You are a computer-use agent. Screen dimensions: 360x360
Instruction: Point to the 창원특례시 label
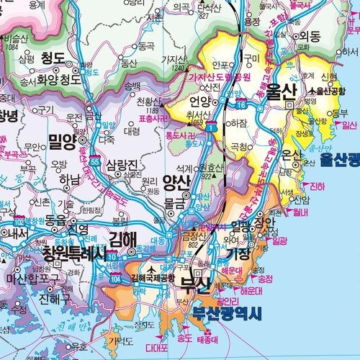coord(73,253)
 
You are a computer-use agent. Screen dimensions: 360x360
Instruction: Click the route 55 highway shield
coord(94,163)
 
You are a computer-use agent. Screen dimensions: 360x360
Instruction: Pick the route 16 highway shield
coord(242,105)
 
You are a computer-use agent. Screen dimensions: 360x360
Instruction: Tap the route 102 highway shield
coord(19,221)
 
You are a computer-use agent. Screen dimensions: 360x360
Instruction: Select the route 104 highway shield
coord(116,276)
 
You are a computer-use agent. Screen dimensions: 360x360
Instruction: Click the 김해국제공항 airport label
coord(152,278)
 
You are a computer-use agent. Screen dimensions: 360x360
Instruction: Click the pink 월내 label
coord(300,212)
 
